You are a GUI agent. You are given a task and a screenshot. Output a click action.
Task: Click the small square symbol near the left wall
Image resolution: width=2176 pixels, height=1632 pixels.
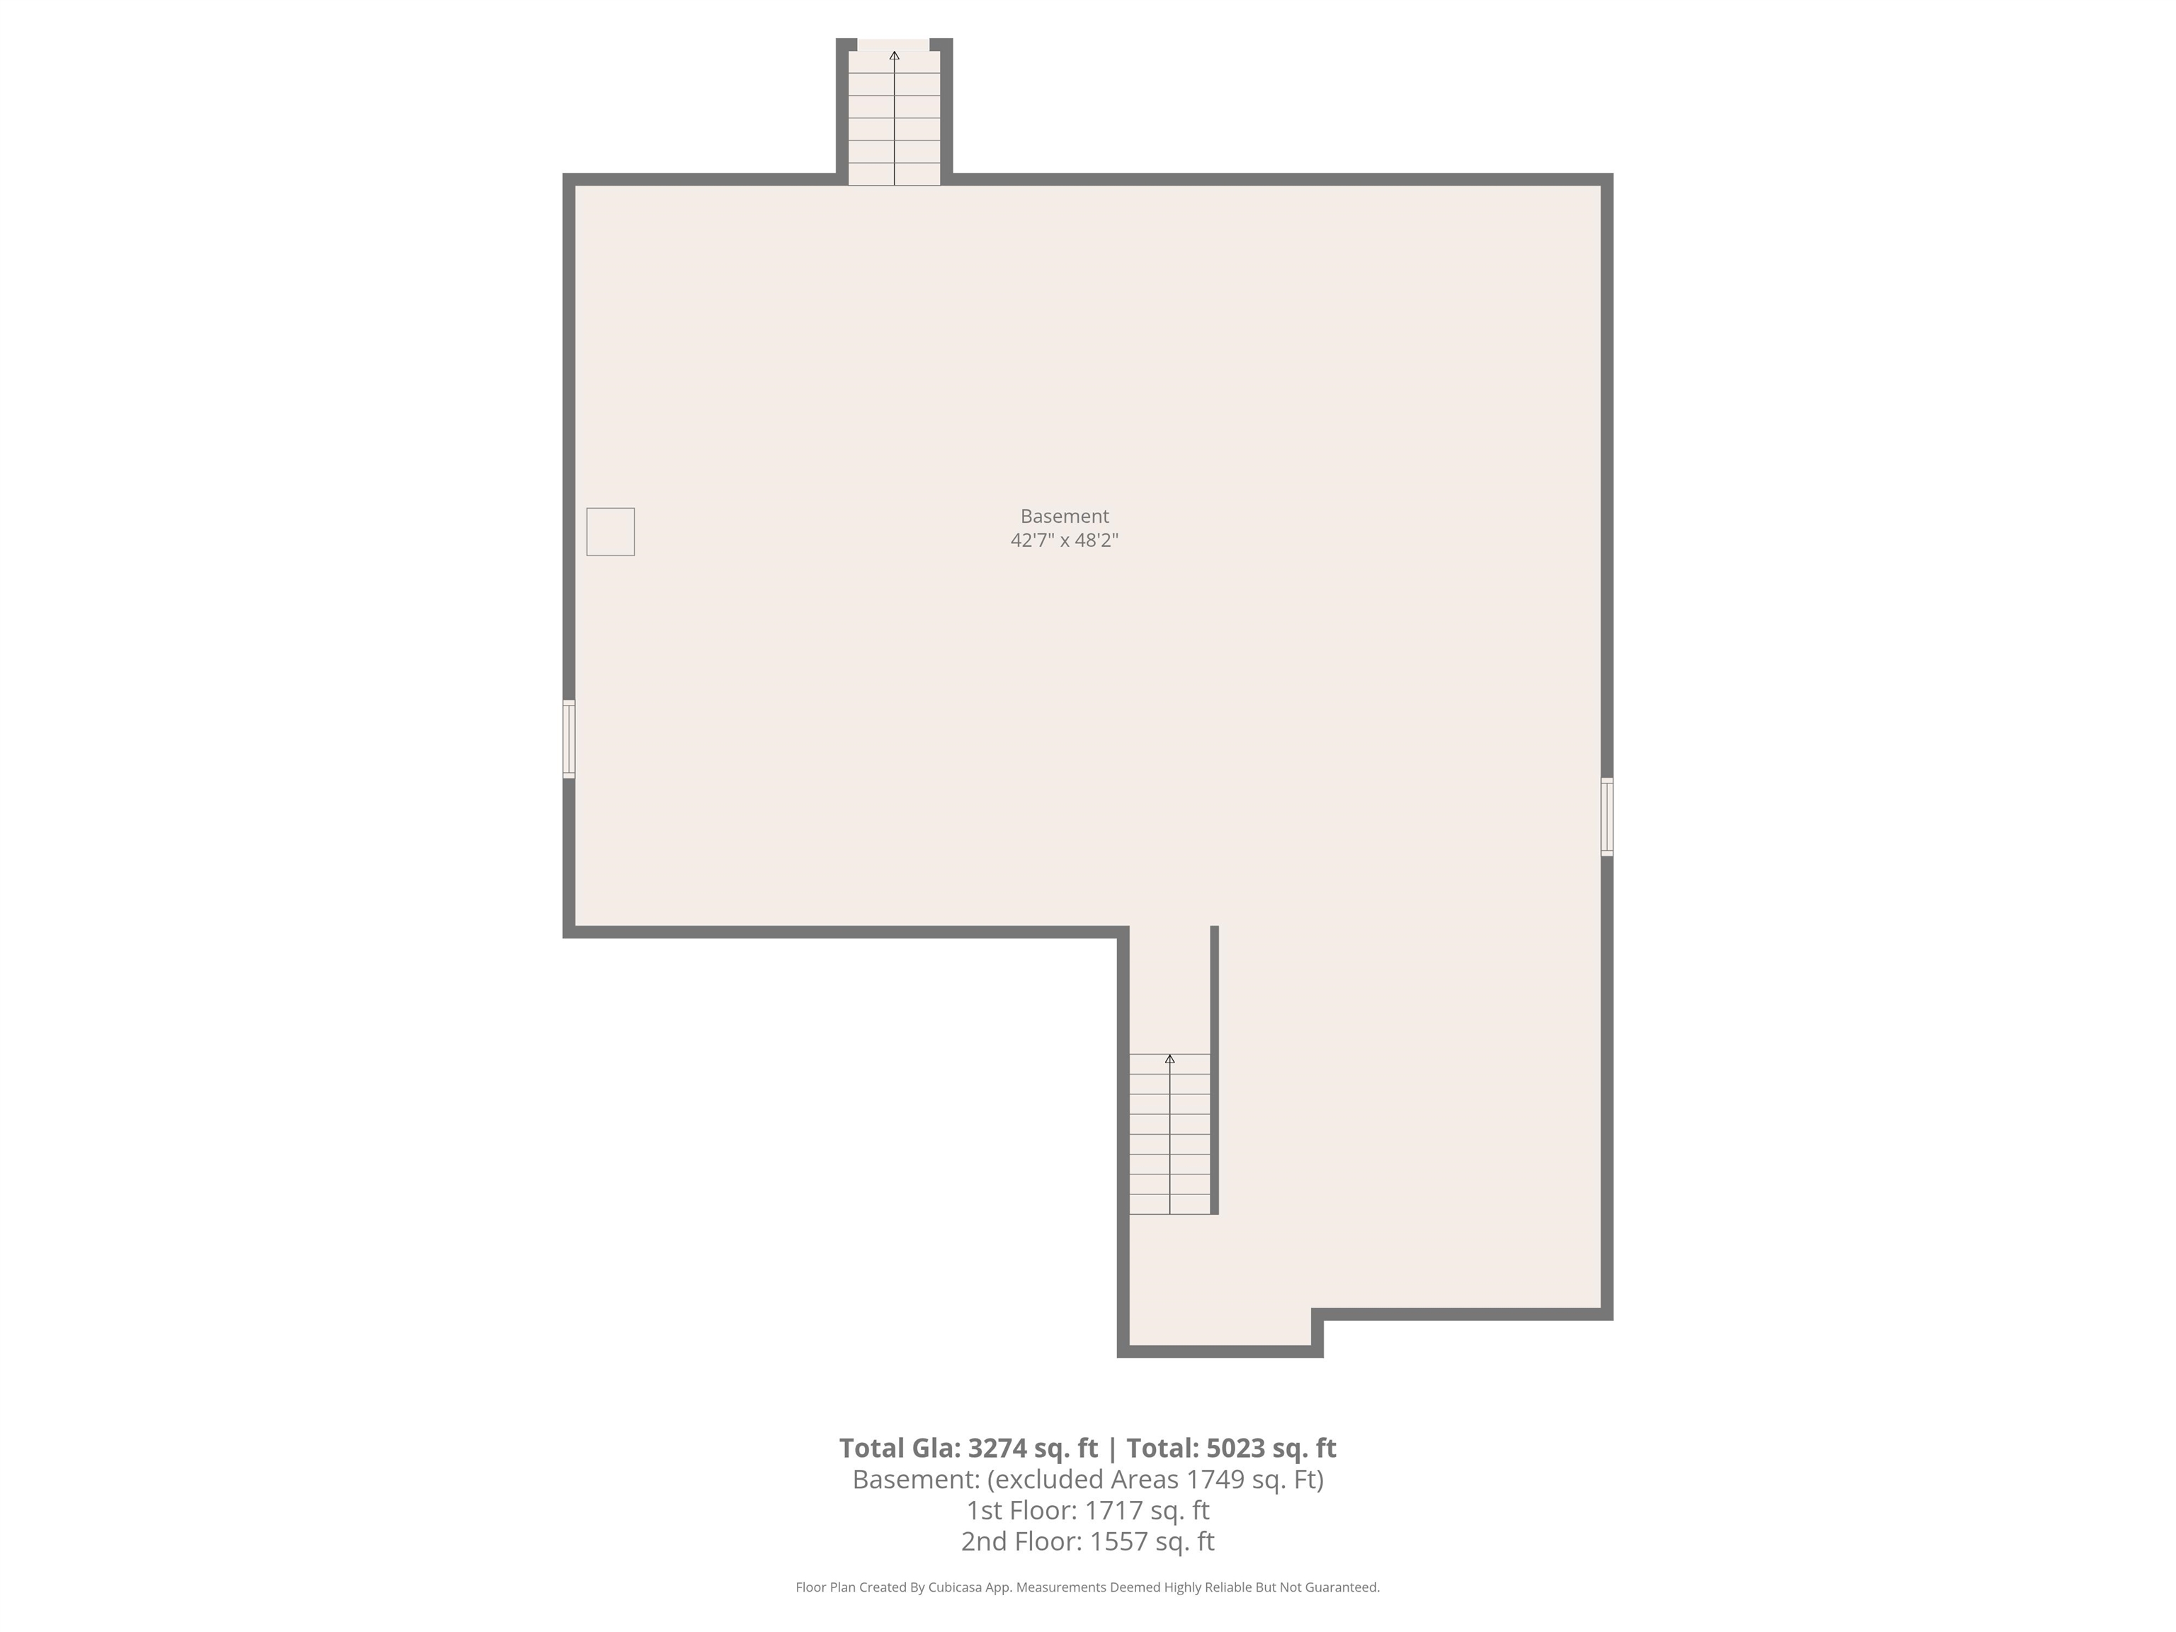click(610, 531)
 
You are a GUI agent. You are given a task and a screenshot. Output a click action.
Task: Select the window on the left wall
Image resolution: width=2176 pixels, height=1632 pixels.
click(569, 739)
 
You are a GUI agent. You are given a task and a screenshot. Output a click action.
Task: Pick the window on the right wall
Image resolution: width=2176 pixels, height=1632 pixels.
click(1606, 817)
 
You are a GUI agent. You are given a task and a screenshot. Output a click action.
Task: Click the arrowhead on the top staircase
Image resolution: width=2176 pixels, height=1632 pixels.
click(894, 56)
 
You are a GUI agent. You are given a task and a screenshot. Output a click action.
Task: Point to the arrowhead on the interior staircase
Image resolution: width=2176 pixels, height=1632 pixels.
click(1169, 1060)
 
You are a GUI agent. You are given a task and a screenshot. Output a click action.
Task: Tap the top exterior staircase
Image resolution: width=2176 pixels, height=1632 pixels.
click(894, 118)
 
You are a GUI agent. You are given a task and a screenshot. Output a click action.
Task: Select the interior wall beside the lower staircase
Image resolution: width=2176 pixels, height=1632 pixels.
click(1214, 1070)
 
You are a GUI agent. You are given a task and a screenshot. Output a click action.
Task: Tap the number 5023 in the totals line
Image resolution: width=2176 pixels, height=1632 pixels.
click(1232, 1448)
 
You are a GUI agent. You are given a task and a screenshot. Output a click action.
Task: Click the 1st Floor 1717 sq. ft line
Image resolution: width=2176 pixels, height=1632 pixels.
click(1087, 1510)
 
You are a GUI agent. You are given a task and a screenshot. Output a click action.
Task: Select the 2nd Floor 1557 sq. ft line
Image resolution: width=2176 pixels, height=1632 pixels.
click(1087, 1541)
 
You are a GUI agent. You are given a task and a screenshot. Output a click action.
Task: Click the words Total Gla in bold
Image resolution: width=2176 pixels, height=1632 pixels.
click(899, 1448)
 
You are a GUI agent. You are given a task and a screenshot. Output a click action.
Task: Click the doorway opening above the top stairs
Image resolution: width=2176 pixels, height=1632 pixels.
click(893, 43)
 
